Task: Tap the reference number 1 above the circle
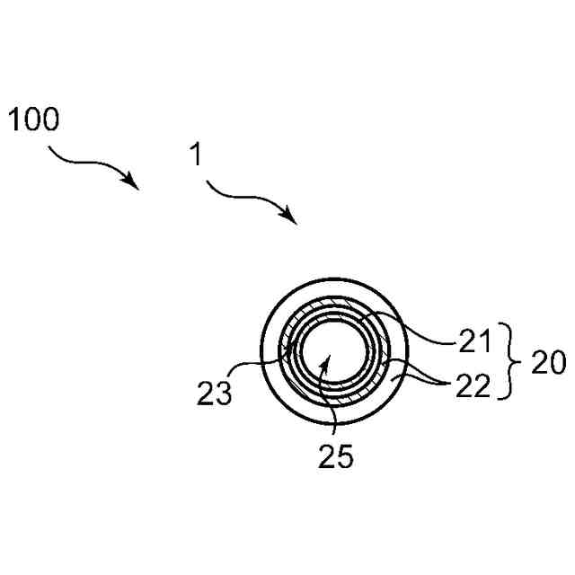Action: [x=194, y=154]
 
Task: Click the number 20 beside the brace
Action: [x=548, y=363]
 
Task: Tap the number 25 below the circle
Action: [x=335, y=456]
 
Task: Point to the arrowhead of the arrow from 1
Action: [x=292, y=217]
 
